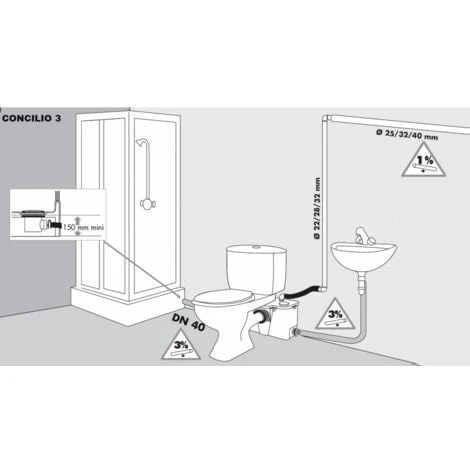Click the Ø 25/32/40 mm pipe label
click(x=403, y=133)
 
